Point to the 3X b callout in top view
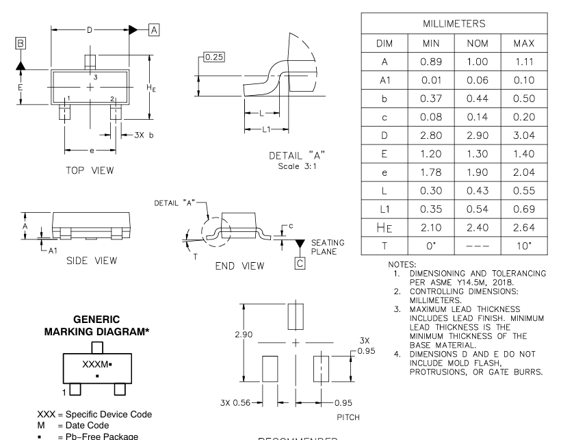(x=142, y=134)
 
